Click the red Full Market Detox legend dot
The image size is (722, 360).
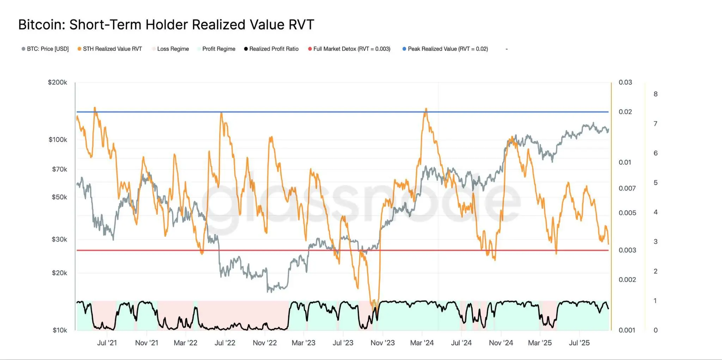tap(310, 49)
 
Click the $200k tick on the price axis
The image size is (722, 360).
tap(57, 83)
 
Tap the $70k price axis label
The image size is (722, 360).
tap(60, 170)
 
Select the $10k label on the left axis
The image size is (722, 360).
tap(60, 330)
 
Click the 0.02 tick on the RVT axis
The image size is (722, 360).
tap(625, 112)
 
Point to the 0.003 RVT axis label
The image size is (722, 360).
tap(627, 250)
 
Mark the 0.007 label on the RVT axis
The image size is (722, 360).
tap(627, 188)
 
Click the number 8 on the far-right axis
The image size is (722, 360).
tap(655, 94)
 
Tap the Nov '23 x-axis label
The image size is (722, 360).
tap(383, 343)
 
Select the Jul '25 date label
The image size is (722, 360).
tap(579, 343)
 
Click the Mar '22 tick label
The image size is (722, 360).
tap(185, 343)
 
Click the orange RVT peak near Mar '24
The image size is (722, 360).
tap(426, 109)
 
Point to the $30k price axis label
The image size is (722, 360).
tap(59, 239)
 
